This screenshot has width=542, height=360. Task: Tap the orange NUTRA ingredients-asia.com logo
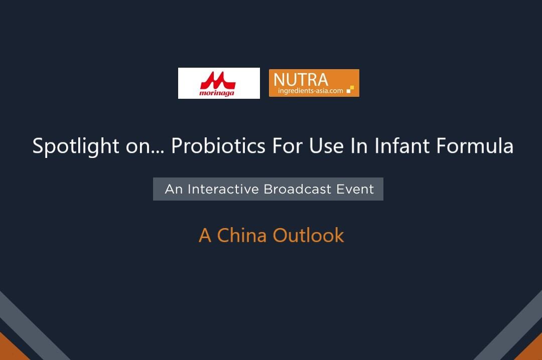coord(314,83)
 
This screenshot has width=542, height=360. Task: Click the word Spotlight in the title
coord(76,146)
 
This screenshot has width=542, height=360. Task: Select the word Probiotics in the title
coord(218,145)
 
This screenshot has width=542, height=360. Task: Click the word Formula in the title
coord(475,145)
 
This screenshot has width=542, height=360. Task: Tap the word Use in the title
coord(326,145)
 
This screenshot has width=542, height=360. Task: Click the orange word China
coord(241,235)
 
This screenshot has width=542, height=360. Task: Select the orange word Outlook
coord(308,235)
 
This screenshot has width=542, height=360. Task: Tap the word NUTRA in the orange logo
coord(301,80)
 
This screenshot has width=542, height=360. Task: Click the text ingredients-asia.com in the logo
coord(311,91)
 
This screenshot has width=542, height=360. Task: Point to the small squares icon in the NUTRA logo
coord(350,89)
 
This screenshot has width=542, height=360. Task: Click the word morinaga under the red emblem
coord(217,93)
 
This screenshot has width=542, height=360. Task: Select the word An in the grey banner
coord(174,189)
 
